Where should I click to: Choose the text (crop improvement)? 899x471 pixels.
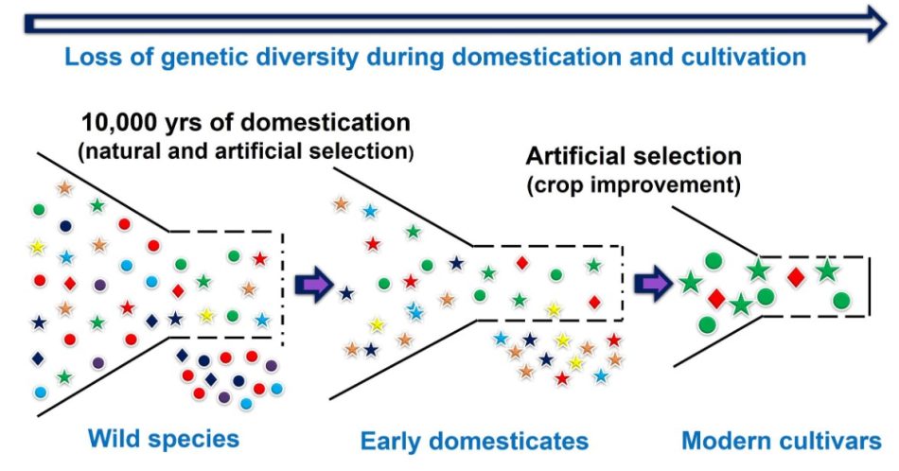tap(633, 184)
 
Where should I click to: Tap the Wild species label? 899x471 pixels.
tap(164, 439)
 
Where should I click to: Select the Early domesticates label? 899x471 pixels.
tap(474, 442)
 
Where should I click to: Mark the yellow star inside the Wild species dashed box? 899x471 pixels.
tap(206, 315)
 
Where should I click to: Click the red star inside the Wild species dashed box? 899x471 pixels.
tap(260, 258)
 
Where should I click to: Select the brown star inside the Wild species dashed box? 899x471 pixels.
tap(249, 289)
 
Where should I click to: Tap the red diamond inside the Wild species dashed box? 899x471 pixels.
tap(179, 290)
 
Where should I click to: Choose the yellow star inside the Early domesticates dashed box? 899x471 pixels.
tap(554, 308)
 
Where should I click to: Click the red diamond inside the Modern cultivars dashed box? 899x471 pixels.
tap(796, 276)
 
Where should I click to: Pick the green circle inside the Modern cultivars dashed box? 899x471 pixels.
tap(840, 301)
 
